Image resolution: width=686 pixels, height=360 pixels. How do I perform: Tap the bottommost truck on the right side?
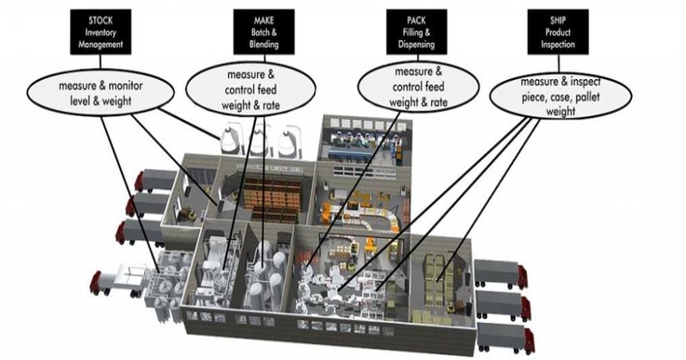(x=503, y=336)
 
